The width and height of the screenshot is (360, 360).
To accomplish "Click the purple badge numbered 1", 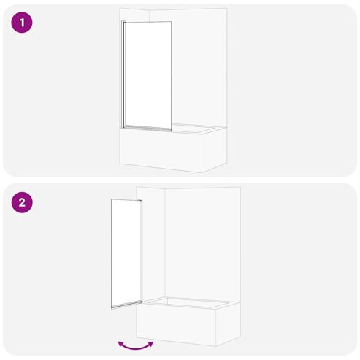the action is coord(22,23).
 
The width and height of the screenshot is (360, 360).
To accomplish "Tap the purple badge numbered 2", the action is coord(22,202).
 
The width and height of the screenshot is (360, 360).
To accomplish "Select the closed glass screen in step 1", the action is coord(148,76).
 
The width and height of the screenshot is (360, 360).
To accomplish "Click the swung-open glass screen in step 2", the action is coord(126,253).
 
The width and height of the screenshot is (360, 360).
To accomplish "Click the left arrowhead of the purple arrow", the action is coord(120,343).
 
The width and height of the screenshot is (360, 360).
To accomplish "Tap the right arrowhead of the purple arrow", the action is coord(151,344).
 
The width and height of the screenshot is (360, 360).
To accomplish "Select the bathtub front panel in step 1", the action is coord(161,150).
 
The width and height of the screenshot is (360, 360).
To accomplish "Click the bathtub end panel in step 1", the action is coord(215,149).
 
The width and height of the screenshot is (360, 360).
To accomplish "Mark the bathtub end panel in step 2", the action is coord(228,323).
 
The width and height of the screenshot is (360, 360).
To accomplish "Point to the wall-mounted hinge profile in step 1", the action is coord(122,74).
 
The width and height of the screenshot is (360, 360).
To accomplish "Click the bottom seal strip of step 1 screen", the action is coord(148,129).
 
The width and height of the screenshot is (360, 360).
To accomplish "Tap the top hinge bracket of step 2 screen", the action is coord(139,200).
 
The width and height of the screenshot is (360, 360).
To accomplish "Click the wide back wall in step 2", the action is coord(202,243).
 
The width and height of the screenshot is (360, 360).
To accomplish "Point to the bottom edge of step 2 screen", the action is coord(126,305).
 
